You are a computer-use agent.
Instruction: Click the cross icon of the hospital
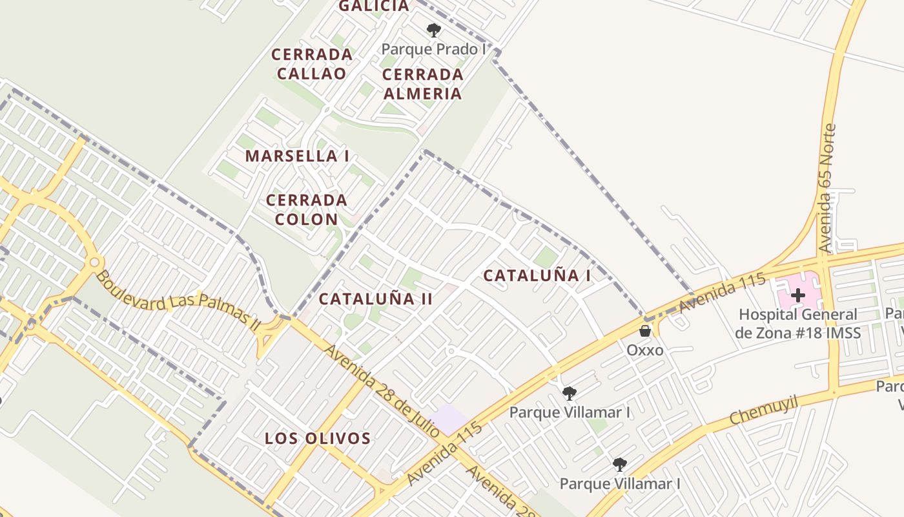(798, 295)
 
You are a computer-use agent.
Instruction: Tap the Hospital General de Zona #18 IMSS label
(798, 324)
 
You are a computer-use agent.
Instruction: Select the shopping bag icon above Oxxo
(644, 331)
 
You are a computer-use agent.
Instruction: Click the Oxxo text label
(645, 350)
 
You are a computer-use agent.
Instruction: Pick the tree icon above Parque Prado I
(434, 30)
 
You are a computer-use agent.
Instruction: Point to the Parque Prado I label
(433, 49)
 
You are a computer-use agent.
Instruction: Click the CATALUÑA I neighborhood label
(537, 275)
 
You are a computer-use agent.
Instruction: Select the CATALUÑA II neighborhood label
(375, 299)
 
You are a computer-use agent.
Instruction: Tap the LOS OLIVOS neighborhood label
(318, 438)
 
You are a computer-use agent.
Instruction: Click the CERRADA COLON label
(306, 209)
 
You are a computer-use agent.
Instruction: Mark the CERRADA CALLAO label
(312, 63)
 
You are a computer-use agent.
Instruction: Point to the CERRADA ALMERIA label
(423, 84)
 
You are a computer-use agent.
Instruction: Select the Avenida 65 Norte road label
(827, 188)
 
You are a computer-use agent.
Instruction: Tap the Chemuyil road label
(764, 412)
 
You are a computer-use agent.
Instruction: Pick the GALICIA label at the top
(374, 6)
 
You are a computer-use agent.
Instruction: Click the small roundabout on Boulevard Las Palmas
(95, 262)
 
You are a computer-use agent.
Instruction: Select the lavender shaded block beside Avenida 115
(449, 419)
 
